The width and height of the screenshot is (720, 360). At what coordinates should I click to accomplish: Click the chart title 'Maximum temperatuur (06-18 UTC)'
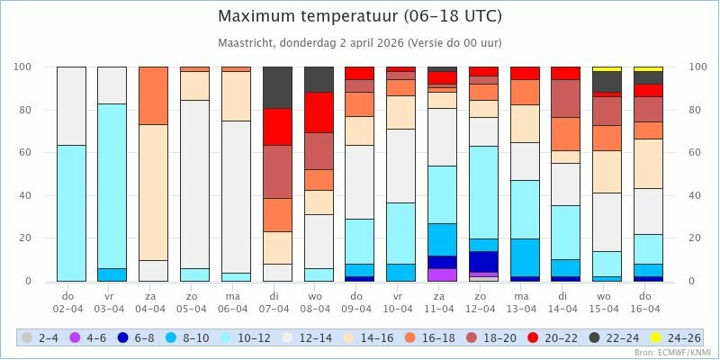tap(360, 16)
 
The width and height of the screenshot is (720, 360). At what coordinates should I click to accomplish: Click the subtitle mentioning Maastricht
tap(360, 42)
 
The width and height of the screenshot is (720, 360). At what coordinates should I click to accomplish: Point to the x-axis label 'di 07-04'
tap(277, 301)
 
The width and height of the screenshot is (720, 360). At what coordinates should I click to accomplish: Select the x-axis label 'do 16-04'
tap(648, 301)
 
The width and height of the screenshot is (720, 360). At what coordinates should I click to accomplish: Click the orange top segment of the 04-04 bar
tap(153, 95)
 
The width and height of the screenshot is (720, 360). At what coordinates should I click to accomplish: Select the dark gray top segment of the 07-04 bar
tap(277, 87)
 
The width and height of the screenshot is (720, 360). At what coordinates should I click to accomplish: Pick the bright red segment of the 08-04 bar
tap(319, 112)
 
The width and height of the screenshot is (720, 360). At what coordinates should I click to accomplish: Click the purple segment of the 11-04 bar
tap(442, 274)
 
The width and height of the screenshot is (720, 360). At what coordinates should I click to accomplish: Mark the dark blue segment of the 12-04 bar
tap(483, 261)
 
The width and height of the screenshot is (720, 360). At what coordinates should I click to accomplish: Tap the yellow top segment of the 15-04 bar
tap(607, 69)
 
